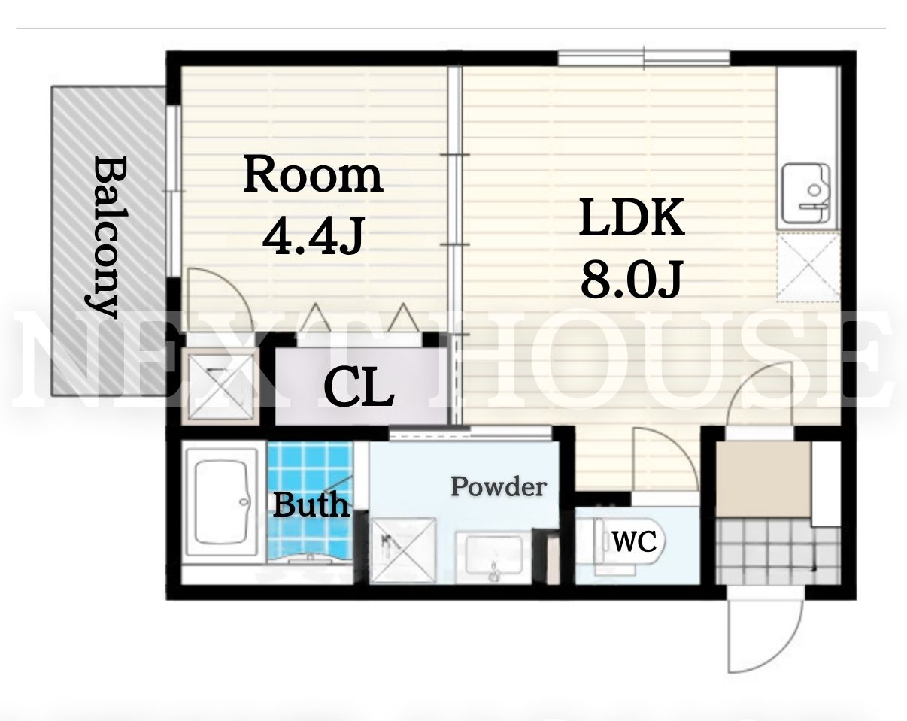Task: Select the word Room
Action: click(313, 174)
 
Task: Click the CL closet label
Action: click(359, 387)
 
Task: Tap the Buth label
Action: click(311, 504)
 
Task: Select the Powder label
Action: click(499, 486)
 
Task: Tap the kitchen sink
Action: click(805, 195)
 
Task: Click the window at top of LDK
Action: click(644, 58)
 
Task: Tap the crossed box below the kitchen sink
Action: click(808, 267)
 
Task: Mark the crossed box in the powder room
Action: click(403, 550)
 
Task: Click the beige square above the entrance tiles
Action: click(764, 479)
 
